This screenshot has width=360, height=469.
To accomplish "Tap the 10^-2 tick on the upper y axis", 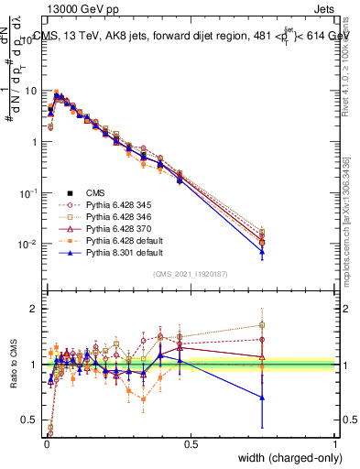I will click(x=30, y=245).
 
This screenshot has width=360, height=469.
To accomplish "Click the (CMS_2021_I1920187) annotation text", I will click(x=190, y=275).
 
